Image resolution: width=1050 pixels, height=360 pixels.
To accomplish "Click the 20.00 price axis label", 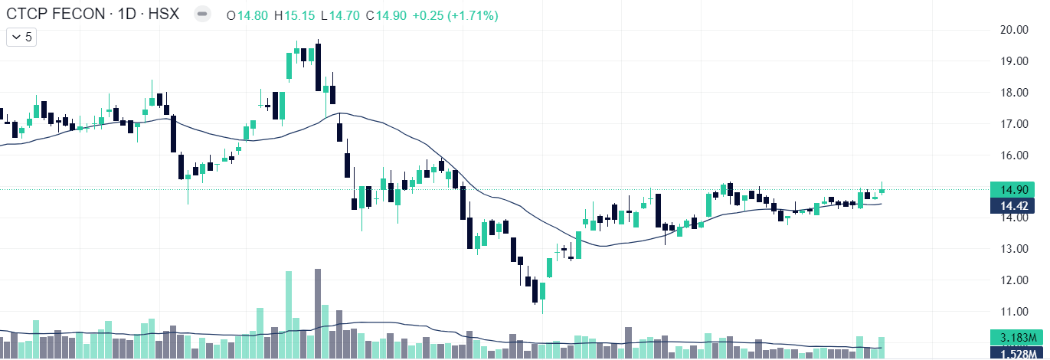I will [1013, 29].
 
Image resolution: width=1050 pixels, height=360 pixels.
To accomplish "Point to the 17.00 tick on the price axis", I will [1013, 123].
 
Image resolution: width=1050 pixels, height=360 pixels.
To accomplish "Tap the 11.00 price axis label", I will [1013, 311].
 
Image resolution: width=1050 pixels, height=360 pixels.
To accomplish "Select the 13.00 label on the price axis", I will [1013, 248].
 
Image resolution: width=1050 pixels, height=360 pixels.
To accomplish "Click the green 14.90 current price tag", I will [1013, 189].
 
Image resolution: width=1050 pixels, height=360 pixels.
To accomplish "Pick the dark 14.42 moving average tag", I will [1013, 205].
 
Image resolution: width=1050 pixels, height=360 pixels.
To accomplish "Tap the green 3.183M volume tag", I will [1013, 337].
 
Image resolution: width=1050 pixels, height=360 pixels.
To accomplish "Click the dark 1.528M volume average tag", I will [1013, 352].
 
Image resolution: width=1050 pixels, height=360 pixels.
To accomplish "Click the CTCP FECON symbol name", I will [54, 14].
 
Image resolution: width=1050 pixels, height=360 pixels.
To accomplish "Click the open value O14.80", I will [247, 15].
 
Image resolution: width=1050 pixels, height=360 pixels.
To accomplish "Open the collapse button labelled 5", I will [21, 36].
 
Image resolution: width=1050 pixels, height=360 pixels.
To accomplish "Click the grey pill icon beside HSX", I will [202, 14].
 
